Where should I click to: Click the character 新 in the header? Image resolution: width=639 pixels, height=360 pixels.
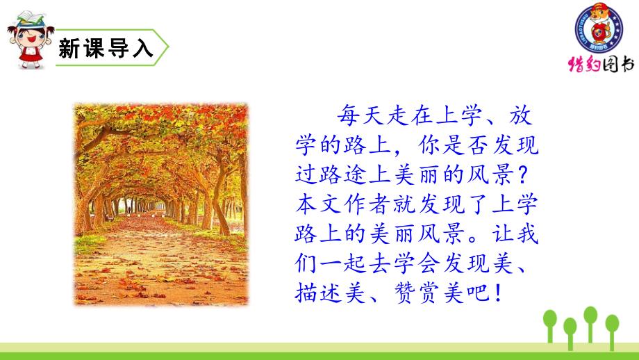[70, 48]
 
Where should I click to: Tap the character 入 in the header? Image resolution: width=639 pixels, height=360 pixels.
[142, 48]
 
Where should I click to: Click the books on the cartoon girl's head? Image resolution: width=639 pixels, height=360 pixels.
[31, 18]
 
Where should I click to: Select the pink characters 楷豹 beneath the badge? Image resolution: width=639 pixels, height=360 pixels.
[584, 65]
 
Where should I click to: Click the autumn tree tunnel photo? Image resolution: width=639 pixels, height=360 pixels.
[161, 204]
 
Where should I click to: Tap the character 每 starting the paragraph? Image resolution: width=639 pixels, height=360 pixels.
[347, 115]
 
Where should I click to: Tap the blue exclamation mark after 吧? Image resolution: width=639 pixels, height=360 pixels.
[499, 293]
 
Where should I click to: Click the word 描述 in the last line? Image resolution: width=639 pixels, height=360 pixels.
[318, 293]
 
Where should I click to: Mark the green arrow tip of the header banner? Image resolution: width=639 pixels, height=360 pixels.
[168, 47]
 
